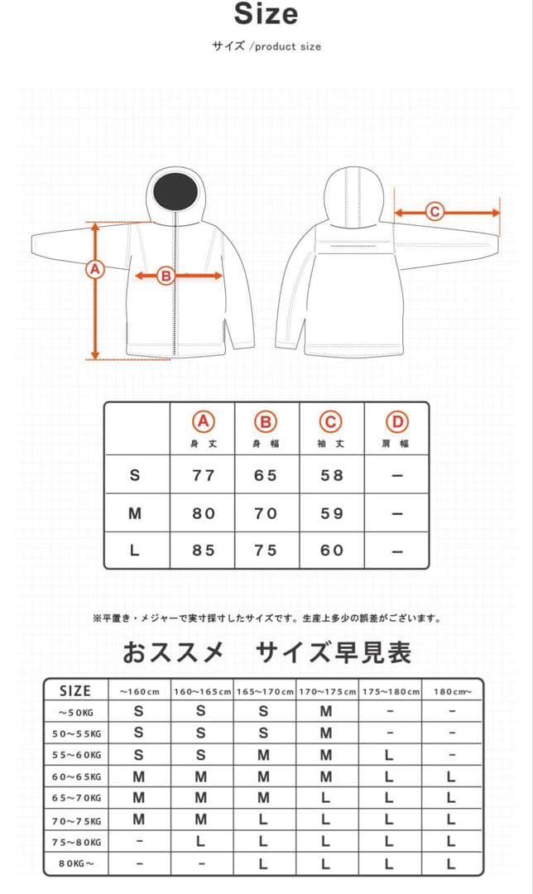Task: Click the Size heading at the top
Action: (266, 14)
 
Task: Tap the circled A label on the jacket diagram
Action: (95, 269)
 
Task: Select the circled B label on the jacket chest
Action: (166, 276)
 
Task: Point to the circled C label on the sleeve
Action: (435, 212)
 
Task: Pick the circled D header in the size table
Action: (397, 421)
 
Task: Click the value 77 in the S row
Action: (203, 475)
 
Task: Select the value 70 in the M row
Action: (266, 513)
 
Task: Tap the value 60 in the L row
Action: (332, 550)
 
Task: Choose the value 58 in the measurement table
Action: (332, 475)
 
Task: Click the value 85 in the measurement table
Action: (203, 550)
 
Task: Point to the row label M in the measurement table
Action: (136, 513)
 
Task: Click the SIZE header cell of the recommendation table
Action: (75, 690)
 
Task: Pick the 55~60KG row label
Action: (76, 755)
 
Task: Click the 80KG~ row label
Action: (76, 864)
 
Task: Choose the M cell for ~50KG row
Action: (326, 711)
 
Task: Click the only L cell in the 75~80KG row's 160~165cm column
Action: (201, 843)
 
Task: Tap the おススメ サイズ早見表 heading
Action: (266, 653)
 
